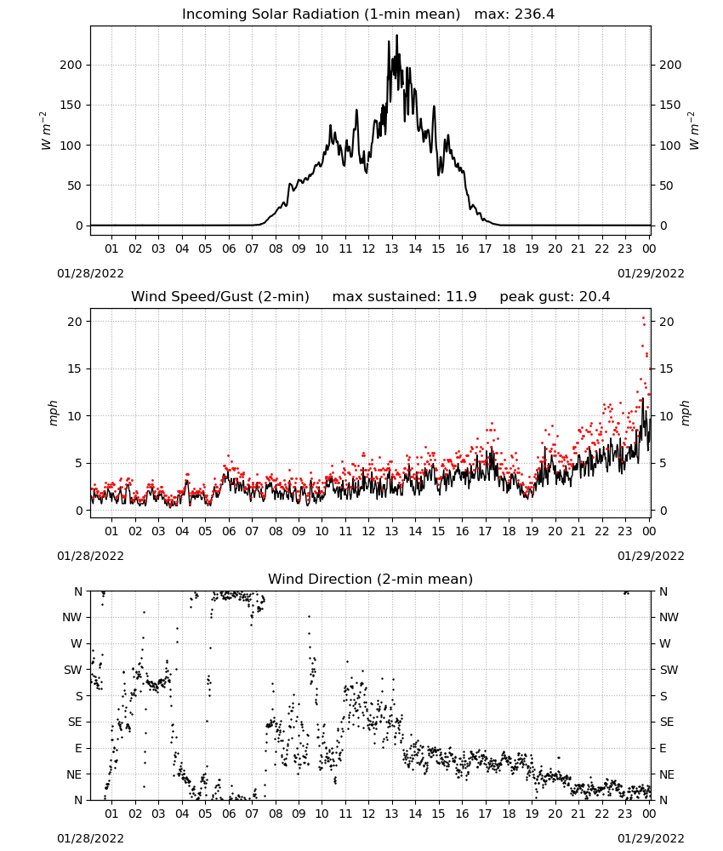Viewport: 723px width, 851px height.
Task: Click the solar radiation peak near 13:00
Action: click(396, 36)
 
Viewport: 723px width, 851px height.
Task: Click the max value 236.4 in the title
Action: click(534, 14)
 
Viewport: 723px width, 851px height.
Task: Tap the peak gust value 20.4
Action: click(594, 297)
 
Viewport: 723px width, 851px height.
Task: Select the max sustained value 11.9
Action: click(461, 297)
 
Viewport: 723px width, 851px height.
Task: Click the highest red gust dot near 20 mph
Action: click(644, 318)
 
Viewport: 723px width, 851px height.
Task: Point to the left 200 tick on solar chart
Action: click(71, 66)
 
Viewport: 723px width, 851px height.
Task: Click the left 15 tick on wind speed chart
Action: click(75, 369)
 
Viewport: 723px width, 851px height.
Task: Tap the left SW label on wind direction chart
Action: click(72, 670)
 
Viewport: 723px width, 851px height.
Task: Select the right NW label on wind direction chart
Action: click(669, 617)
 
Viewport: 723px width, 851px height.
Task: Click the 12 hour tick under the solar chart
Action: click(368, 248)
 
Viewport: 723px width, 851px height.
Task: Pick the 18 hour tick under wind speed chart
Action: click(509, 531)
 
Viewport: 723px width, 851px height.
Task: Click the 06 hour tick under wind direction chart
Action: click(229, 814)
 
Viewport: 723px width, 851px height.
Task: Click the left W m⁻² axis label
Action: click(46, 131)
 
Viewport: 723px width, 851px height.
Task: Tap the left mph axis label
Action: click(53, 413)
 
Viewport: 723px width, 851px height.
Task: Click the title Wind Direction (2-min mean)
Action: click(371, 579)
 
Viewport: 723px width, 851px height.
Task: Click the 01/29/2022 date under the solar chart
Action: click(651, 273)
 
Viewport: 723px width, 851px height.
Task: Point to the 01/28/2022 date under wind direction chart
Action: click(90, 838)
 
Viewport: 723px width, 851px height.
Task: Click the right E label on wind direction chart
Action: click(663, 748)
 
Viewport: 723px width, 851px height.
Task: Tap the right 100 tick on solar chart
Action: click(670, 146)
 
